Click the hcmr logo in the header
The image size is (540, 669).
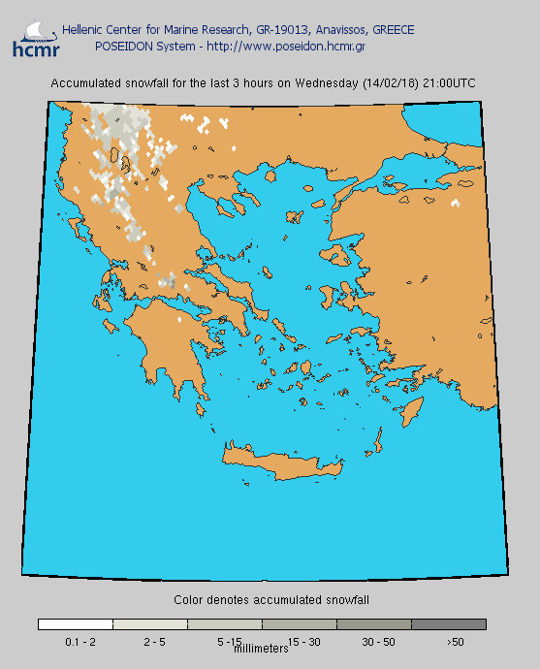[35, 38]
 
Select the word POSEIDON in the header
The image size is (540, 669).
[123, 46]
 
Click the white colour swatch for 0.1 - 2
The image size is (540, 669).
[76, 624]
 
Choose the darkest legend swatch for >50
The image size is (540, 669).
[449, 624]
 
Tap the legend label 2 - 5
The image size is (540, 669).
[154, 642]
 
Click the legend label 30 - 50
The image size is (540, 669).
[378, 642]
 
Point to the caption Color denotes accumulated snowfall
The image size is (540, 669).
[271, 600]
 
